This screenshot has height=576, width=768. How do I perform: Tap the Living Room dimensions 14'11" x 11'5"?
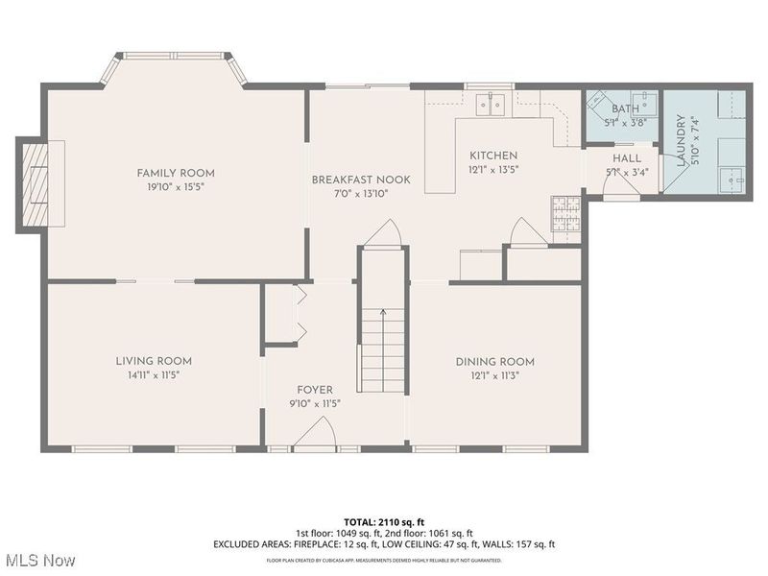[154, 374]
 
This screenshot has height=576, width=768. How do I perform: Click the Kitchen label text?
[493, 156]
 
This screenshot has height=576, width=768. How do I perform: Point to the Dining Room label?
[494, 361]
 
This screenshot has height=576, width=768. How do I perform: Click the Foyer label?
[315, 390]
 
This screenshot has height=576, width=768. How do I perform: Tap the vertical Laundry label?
[681, 141]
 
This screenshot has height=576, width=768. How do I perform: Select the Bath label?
[625, 109]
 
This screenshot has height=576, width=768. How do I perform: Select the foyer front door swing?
[314, 439]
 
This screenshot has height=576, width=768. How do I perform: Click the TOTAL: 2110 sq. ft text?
[384, 519]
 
